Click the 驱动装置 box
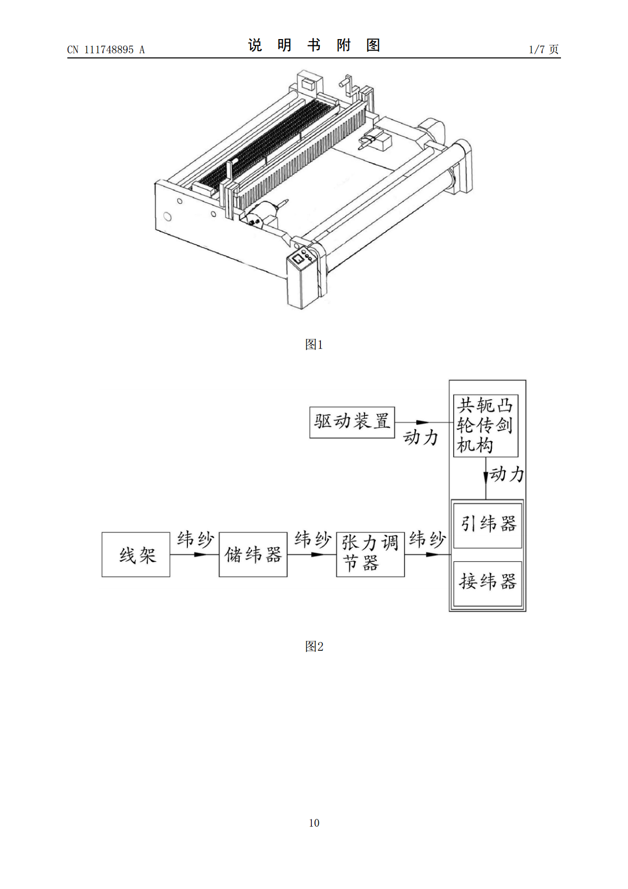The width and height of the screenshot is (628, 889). (x=352, y=422)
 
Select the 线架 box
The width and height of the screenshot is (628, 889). (x=136, y=554)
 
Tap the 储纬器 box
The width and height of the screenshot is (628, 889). (x=253, y=554)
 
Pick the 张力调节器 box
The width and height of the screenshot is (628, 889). (x=370, y=554)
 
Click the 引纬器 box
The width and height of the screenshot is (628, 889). (x=487, y=525)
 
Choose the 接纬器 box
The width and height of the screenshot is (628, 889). (x=487, y=583)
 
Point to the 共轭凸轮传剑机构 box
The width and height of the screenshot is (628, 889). (x=486, y=425)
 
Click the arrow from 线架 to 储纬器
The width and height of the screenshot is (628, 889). (x=194, y=554)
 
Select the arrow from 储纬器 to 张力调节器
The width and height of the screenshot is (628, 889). (x=312, y=554)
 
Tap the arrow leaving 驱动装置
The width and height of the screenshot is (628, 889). (x=424, y=422)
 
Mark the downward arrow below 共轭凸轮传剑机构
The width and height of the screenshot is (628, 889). (x=486, y=478)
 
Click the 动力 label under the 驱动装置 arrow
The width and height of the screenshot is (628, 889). (x=421, y=437)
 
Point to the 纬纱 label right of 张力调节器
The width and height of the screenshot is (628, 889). (x=427, y=540)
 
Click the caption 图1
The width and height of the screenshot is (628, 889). (x=314, y=345)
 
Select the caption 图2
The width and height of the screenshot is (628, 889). (x=314, y=647)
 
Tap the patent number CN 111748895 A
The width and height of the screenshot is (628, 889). (x=106, y=50)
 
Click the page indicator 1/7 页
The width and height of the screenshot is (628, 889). (x=544, y=49)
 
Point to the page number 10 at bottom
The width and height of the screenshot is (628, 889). (x=314, y=822)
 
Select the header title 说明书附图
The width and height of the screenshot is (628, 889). (x=314, y=45)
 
